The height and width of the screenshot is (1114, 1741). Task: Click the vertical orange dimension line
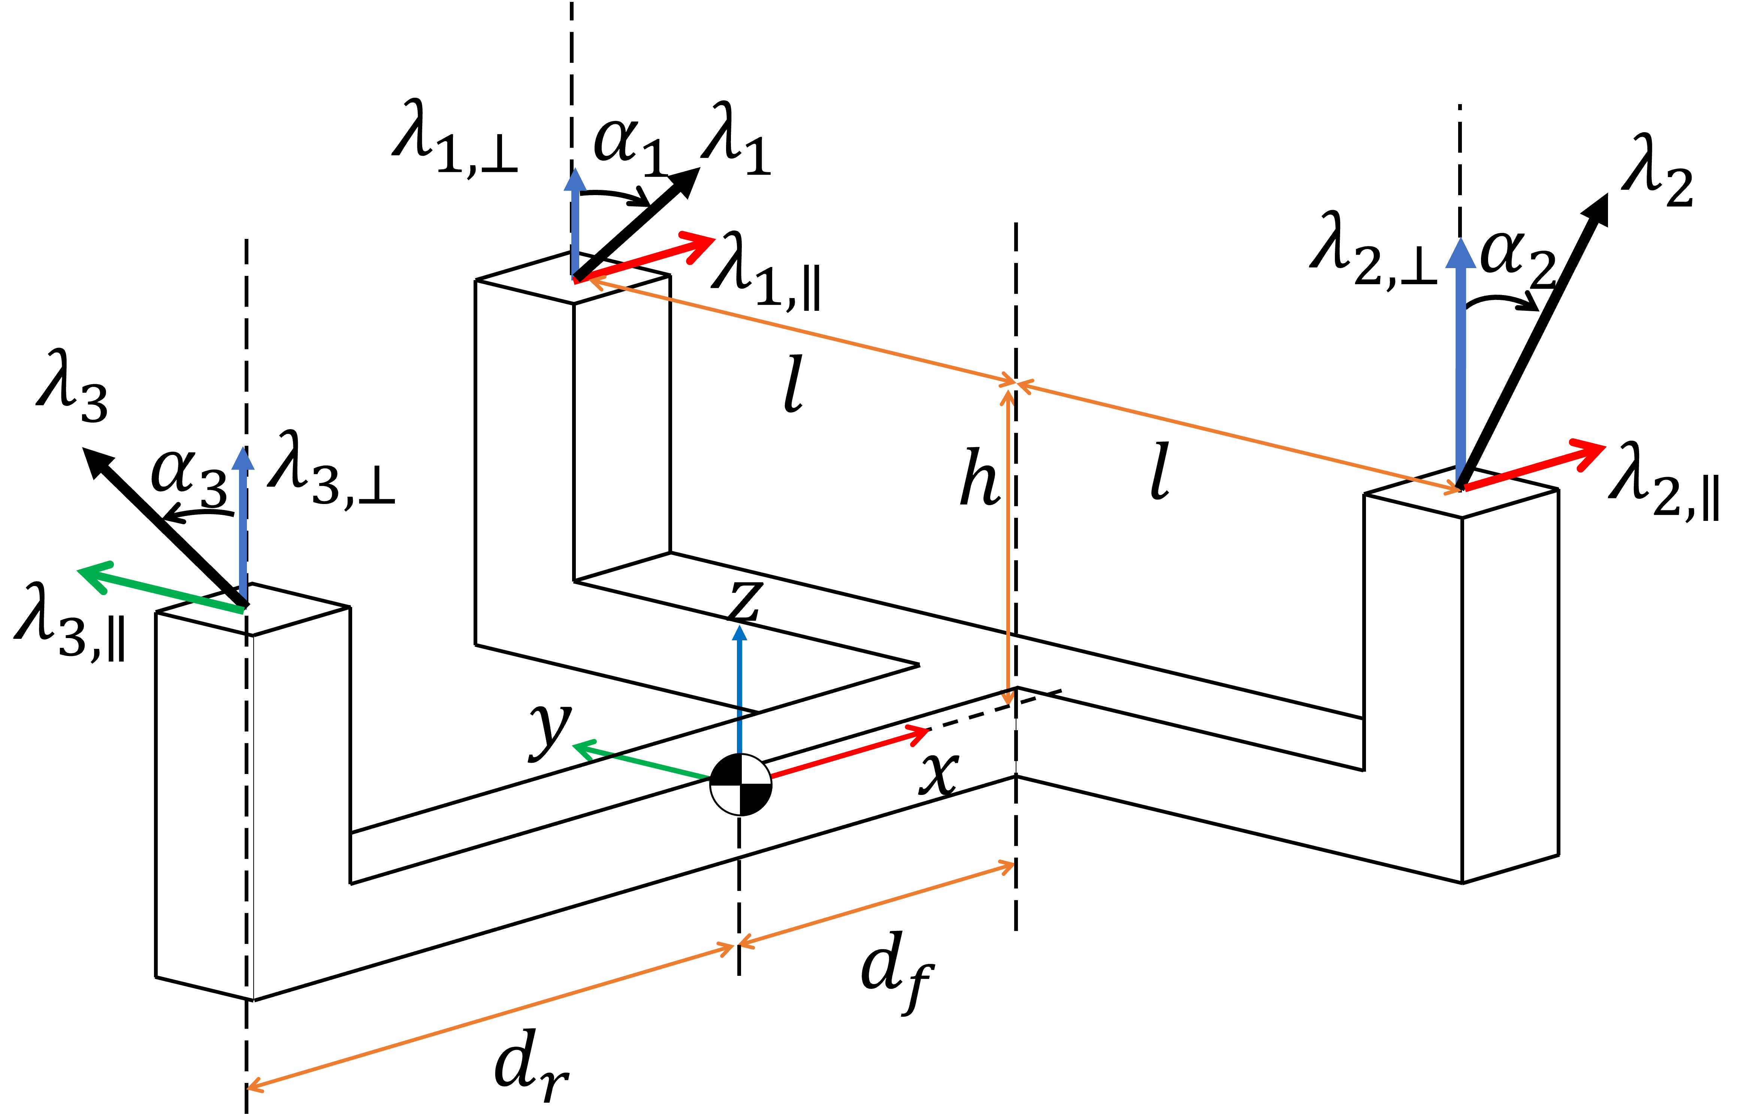click(1008, 543)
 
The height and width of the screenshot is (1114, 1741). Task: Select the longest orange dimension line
click(492, 1016)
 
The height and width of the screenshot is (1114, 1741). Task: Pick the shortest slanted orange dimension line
click(876, 904)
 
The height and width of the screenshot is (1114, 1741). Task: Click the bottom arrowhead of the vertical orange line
click(1007, 698)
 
